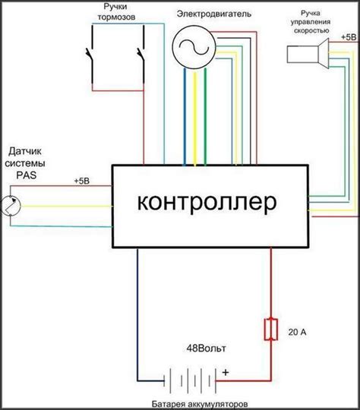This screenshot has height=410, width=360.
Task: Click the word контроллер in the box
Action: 208,203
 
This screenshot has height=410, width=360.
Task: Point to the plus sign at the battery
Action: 226,372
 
